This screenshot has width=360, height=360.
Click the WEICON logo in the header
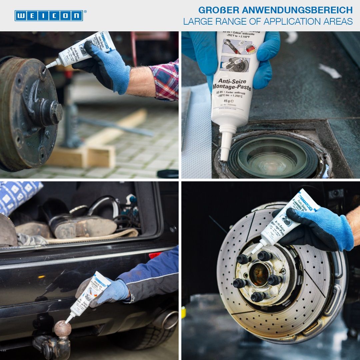click(x=49, y=16)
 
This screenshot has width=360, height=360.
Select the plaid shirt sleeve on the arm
click(x=165, y=80)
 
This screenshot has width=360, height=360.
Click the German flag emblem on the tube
click(x=250, y=49)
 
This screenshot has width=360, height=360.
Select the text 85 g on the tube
click(x=229, y=101)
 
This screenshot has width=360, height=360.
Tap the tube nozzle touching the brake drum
click(x=48, y=66)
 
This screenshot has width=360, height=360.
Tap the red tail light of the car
click(x=155, y=255)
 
